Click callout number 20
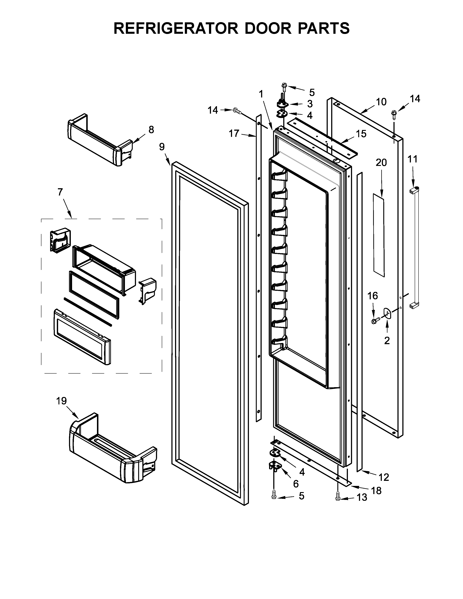[381, 163]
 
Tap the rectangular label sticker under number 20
[379, 235]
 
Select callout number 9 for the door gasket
[162, 147]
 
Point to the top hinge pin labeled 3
[282, 103]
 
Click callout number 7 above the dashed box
[60, 192]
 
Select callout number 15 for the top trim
[361, 134]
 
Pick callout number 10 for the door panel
[381, 102]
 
